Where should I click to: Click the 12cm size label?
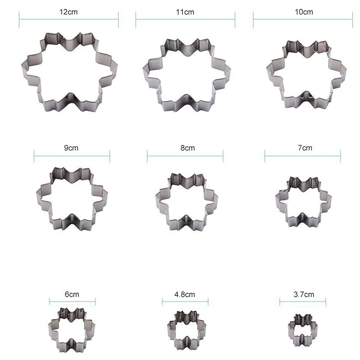pyautogui.click(x=69, y=12)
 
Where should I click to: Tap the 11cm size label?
pyautogui.click(x=185, y=12)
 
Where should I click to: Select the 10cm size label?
pyautogui.click(x=304, y=12)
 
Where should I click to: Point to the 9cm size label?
pyautogui.click(x=71, y=148)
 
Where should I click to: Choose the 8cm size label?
pyautogui.click(x=187, y=148)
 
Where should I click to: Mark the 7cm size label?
pyautogui.click(x=305, y=148)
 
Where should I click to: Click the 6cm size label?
pyautogui.click(x=72, y=294)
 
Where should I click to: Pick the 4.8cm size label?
pyautogui.click(x=184, y=294)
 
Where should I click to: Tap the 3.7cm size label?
pyautogui.click(x=304, y=294)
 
